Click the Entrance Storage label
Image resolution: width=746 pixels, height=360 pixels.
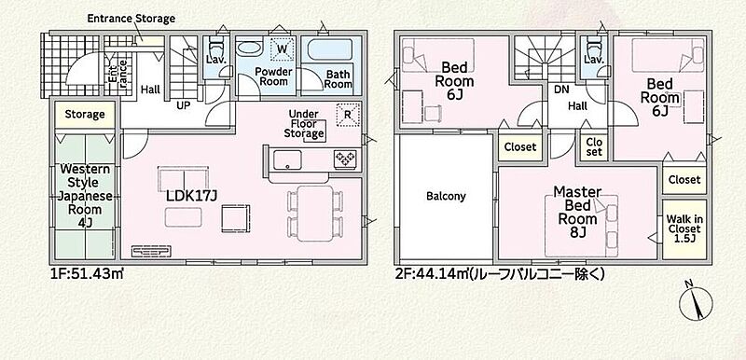(131, 19)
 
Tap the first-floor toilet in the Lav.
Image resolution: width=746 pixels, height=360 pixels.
(215, 48)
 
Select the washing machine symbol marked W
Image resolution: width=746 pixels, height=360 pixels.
(281, 48)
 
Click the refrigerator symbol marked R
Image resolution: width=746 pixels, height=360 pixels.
(348, 115)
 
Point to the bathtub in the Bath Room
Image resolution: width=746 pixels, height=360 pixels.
(330, 50)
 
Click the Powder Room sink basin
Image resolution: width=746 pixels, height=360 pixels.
(249, 48)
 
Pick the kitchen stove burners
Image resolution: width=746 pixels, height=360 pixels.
(345, 159)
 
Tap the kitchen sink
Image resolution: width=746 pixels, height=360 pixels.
(287, 159)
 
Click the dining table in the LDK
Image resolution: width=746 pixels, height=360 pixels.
(315, 213)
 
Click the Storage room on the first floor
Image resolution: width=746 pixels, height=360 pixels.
(85, 114)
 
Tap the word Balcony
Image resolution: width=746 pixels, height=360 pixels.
(446, 196)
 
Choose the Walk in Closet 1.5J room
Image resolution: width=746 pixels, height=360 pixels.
(684, 229)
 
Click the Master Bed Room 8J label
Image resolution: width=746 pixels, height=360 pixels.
(577, 212)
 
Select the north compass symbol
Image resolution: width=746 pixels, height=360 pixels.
(695, 302)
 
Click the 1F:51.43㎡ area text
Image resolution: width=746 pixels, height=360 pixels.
(87, 274)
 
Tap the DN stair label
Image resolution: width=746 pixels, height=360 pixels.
(558, 89)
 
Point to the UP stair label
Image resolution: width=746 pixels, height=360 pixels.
(184, 105)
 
